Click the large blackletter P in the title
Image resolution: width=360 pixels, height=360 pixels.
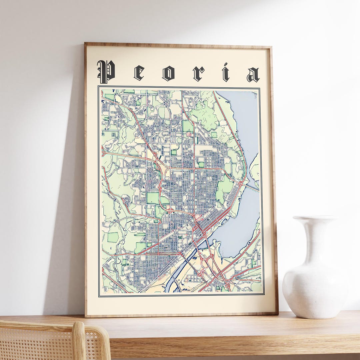(x=106, y=72)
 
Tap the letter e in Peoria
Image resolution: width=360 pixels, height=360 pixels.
(x=139, y=73)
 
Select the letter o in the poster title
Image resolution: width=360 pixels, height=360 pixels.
(x=168, y=73)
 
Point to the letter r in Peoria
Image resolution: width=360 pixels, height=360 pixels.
(x=198, y=74)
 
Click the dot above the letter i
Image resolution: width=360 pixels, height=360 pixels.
(x=226, y=65)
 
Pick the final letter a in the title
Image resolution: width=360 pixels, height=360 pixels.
(x=253, y=75)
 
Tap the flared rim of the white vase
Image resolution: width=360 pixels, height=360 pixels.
(x=315, y=218)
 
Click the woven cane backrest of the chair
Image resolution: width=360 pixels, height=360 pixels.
(x=37, y=343)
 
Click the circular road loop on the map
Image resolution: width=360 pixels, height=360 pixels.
(x=127, y=201)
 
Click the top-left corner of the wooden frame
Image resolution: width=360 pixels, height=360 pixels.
(x=86, y=44)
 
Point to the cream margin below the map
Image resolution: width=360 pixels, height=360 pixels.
(x=182, y=304)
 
